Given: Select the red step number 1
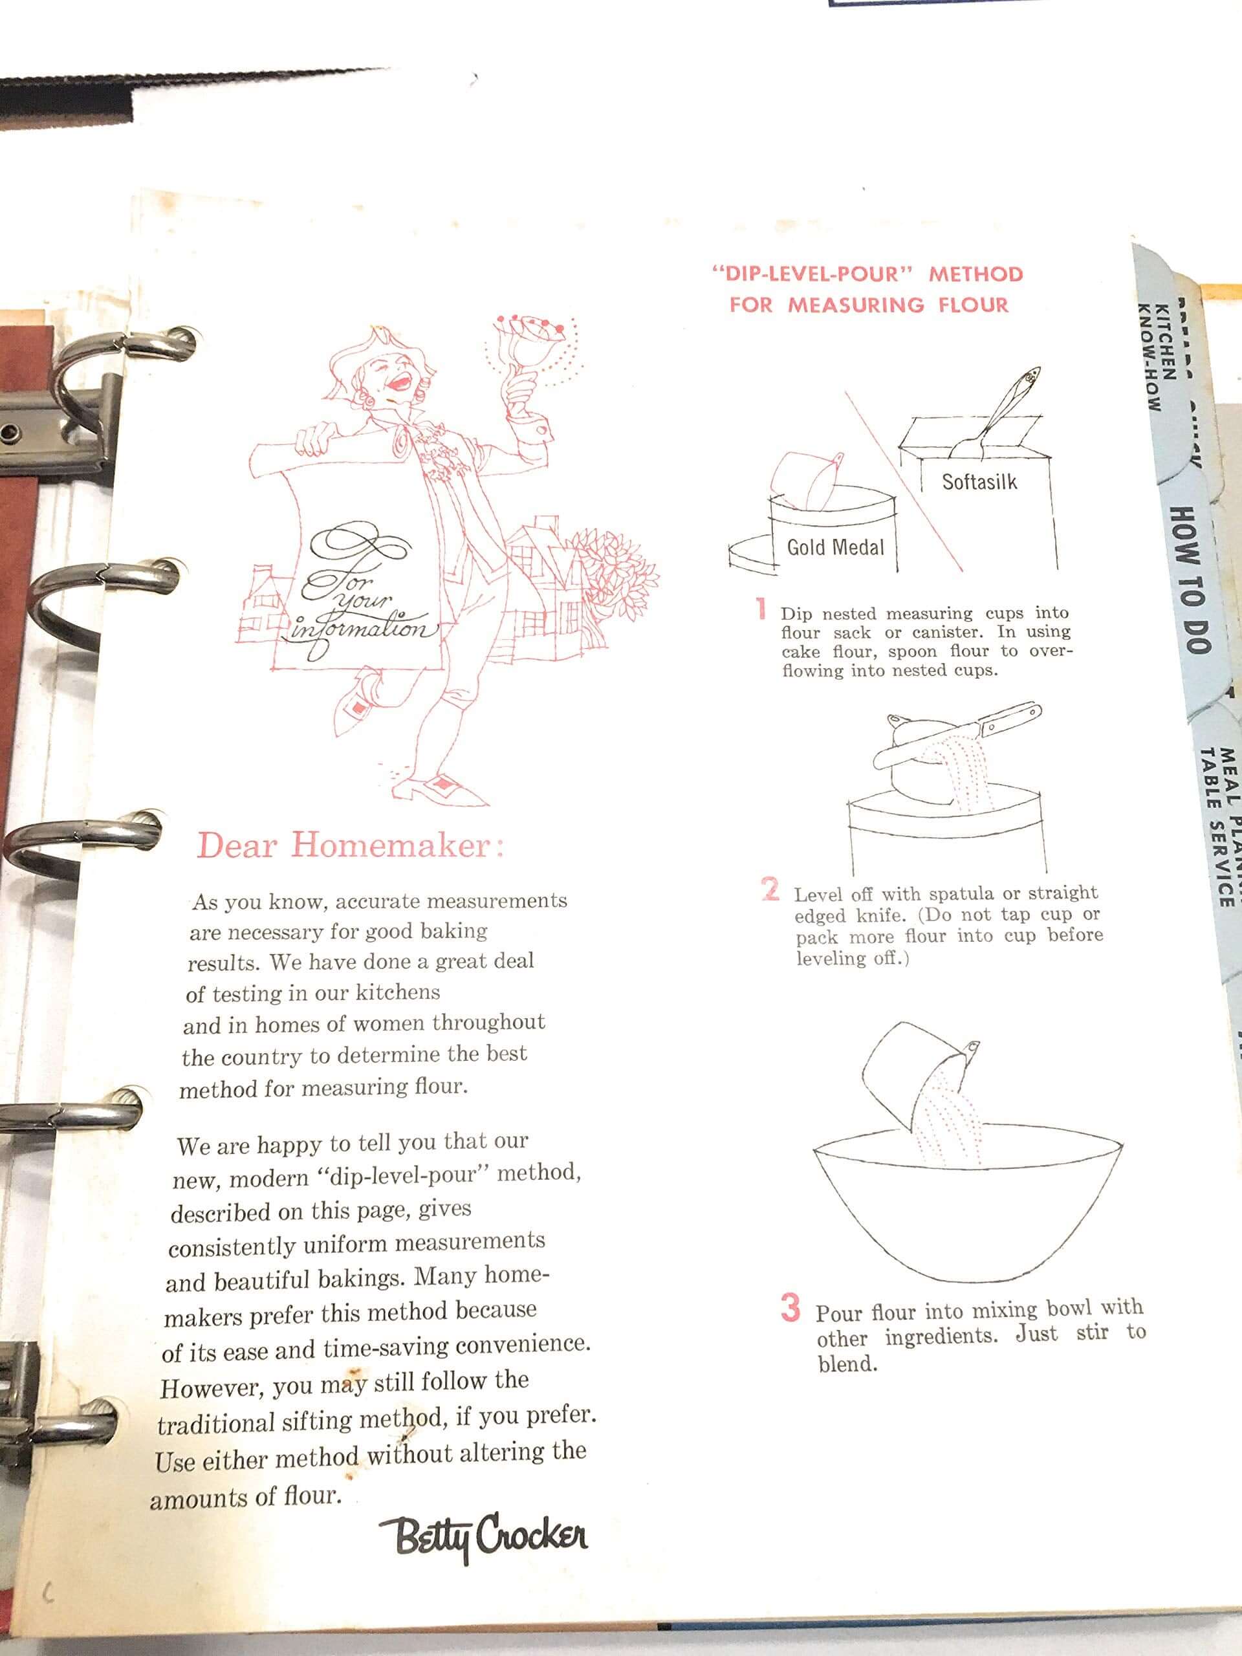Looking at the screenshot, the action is (x=761, y=609).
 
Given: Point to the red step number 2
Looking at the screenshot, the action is (x=770, y=889).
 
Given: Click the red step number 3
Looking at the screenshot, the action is (x=790, y=1309).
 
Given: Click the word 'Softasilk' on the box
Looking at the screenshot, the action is (x=979, y=481).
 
